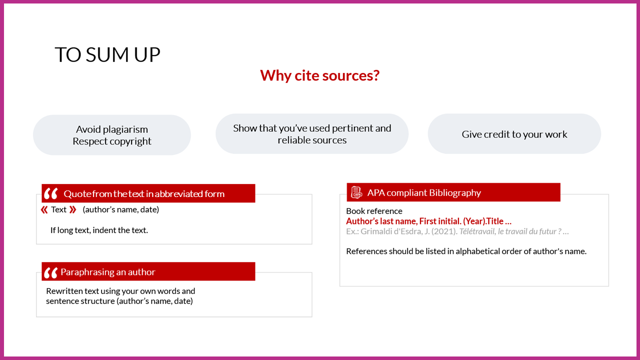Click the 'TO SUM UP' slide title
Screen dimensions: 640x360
tap(107, 54)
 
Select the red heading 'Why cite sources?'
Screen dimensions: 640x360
tap(319, 75)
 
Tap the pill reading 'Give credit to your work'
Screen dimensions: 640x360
tap(514, 134)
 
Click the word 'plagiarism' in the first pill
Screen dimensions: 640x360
tap(125, 129)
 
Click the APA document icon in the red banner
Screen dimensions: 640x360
tap(356, 192)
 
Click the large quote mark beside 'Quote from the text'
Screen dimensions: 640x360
tap(51, 193)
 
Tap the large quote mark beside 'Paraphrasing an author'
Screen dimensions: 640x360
tap(51, 273)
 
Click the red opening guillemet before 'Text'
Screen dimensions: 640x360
tap(44, 210)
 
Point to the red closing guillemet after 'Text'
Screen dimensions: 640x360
tap(73, 210)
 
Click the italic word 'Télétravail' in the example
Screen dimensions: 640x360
tap(477, 231)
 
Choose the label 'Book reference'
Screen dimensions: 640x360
tap(374, 211)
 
